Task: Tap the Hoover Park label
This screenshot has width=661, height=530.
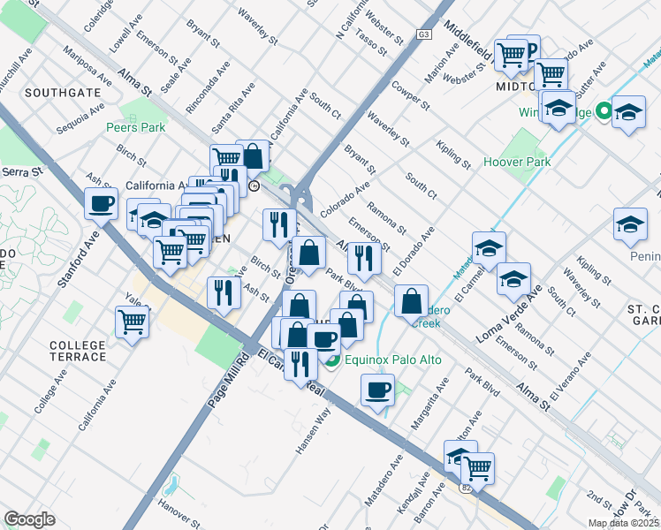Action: pos(517,162)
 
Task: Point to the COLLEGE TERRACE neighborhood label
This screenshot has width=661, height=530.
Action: pos(78,351)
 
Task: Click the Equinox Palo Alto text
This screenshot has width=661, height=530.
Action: pos(387,360)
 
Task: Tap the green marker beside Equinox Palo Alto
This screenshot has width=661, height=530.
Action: pos(332,360)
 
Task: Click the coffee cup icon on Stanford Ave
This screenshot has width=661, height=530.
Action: pos(101,204)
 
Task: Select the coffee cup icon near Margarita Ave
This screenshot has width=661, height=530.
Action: pos(377,389)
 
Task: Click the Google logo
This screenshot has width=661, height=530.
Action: pos(29,519)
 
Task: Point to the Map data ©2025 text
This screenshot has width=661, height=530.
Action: pos(623,523)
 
